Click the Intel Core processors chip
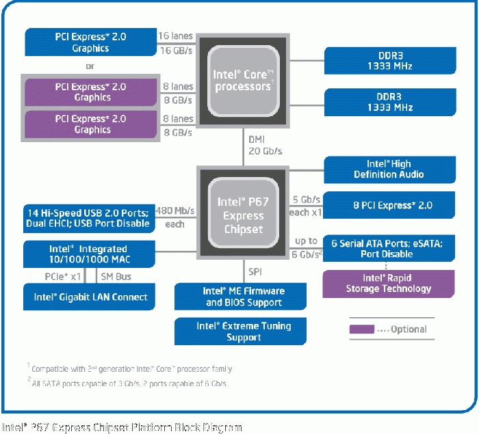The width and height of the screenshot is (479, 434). pos(243,81)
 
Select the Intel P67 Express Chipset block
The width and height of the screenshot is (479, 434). pos(243,213)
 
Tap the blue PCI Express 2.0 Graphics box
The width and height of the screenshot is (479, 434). pos(91,42)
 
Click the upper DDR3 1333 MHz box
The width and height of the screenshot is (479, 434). pos(390,61)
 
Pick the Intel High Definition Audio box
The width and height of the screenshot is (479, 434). pos(389,169)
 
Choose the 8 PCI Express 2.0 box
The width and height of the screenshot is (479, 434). pos(389,205)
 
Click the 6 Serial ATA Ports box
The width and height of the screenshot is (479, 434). pos(389,248)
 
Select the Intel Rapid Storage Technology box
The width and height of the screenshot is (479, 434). pos(389,284)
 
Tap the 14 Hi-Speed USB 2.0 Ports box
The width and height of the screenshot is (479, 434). pos(89,219)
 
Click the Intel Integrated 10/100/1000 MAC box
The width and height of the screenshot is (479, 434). pos(89,254)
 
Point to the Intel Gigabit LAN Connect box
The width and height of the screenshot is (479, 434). pos(89,297)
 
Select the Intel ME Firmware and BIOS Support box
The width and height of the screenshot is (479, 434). pos(240,297)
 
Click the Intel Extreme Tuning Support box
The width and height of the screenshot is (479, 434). pos(240,331)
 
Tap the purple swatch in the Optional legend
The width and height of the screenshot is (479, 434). pos(362,329)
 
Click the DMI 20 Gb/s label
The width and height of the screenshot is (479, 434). pos(266,146)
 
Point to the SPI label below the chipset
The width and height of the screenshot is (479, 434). pos(255,271)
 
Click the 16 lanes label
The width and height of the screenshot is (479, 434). pos(176,36)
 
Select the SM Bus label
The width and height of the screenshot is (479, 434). pos(116,277)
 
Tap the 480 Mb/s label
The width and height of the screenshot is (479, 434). pos(175,211)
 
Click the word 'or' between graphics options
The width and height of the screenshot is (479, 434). pos(90,66)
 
